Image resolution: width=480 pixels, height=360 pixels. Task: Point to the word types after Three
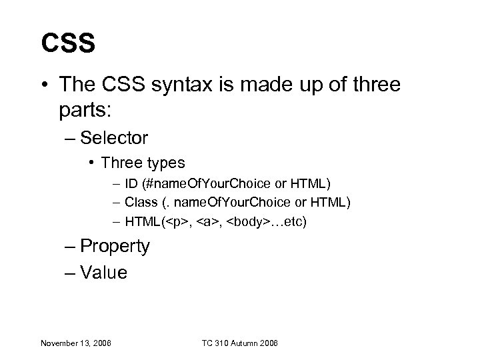pos(165,163)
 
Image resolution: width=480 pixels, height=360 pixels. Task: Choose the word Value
pos(103,272)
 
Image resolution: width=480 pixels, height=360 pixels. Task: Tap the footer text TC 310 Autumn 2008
pos(239,343)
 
